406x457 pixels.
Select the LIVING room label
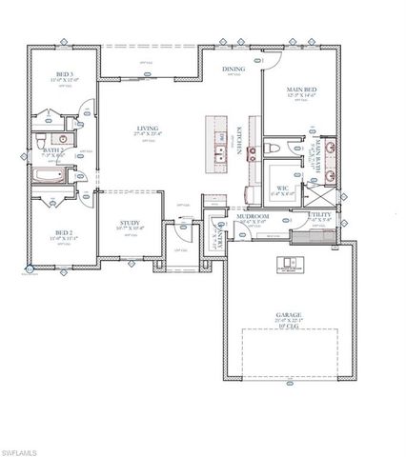pos(147,128)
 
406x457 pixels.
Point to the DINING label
pos(233,70)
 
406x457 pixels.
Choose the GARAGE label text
pos(289,314)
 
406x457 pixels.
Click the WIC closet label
pos(283,188)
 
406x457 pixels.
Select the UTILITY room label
pos(322,216)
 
